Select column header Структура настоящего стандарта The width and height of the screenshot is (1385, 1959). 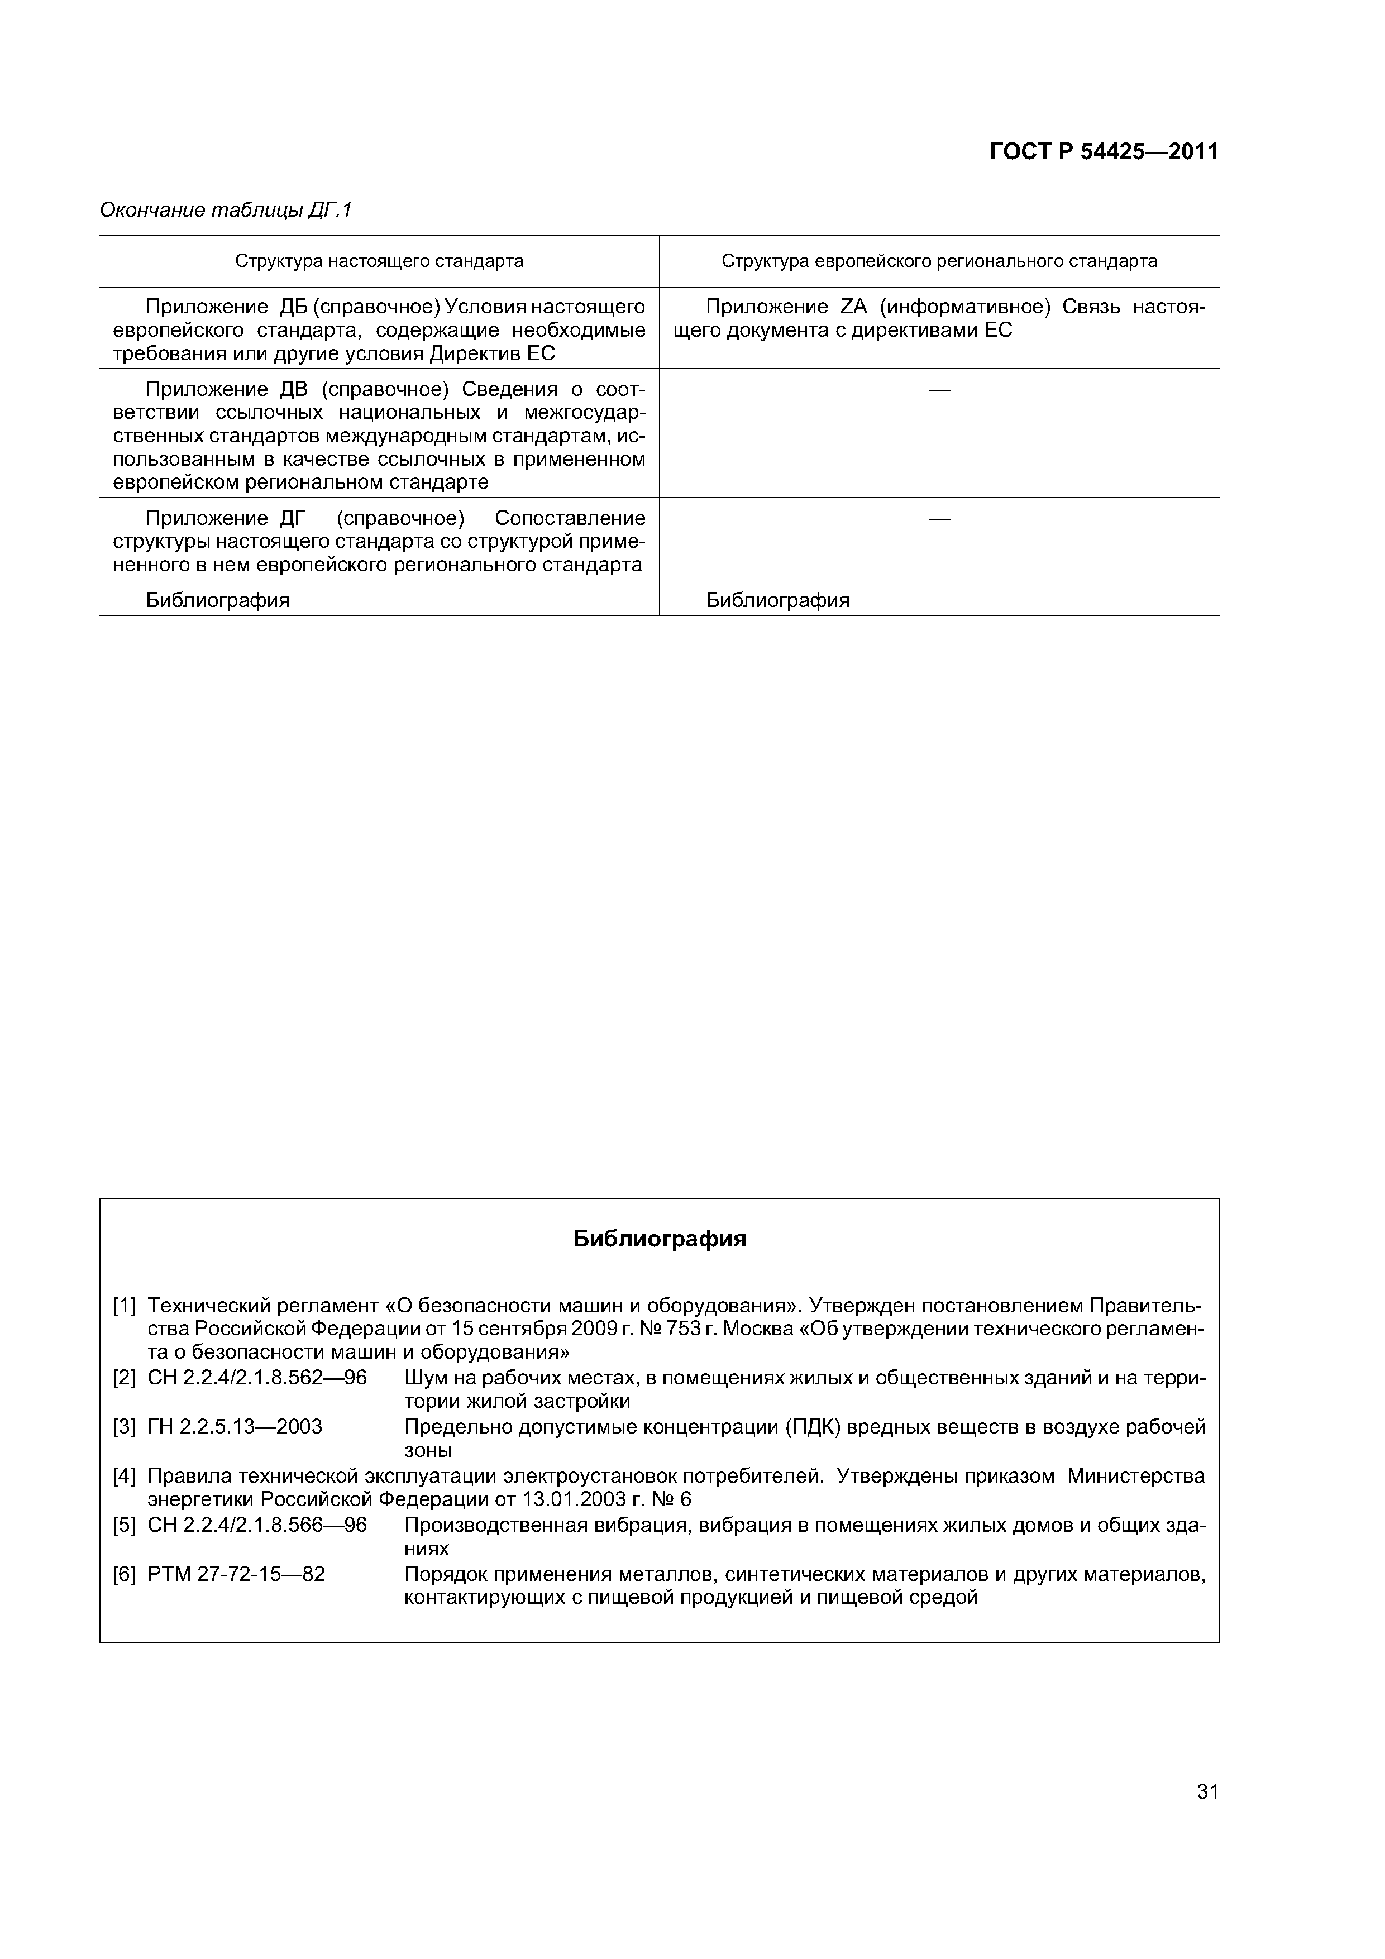(379, 261)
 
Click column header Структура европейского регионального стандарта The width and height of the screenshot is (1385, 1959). (939, 261)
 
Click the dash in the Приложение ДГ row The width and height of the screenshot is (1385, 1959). (939, 519)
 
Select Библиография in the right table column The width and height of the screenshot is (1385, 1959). (777, 600)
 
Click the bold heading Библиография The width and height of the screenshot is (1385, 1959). (659, 1239)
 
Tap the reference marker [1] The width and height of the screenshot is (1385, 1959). (124, 1306)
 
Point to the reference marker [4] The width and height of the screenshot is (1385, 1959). (124, 1476)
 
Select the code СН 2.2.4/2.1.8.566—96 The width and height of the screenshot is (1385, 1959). (257, 1525)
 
